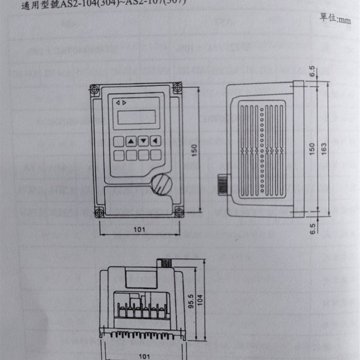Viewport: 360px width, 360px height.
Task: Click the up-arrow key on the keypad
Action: (131, 141)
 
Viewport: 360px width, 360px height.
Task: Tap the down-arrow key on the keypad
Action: (144, 141)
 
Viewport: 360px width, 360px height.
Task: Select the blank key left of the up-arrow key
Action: (119, 141)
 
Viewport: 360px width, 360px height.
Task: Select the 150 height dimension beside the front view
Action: (194, 151)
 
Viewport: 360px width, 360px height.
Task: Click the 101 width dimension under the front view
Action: (139, 229)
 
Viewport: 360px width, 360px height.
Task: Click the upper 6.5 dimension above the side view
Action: (312, 72)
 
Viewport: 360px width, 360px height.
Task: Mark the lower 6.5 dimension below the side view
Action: (312, 228)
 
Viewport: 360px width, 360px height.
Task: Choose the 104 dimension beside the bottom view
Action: (201, 298)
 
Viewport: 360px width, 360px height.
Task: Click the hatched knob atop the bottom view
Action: (163, 261)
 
